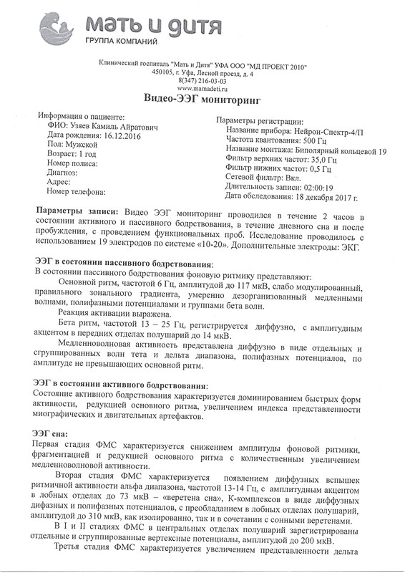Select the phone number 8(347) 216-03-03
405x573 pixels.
click(202, 81)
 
